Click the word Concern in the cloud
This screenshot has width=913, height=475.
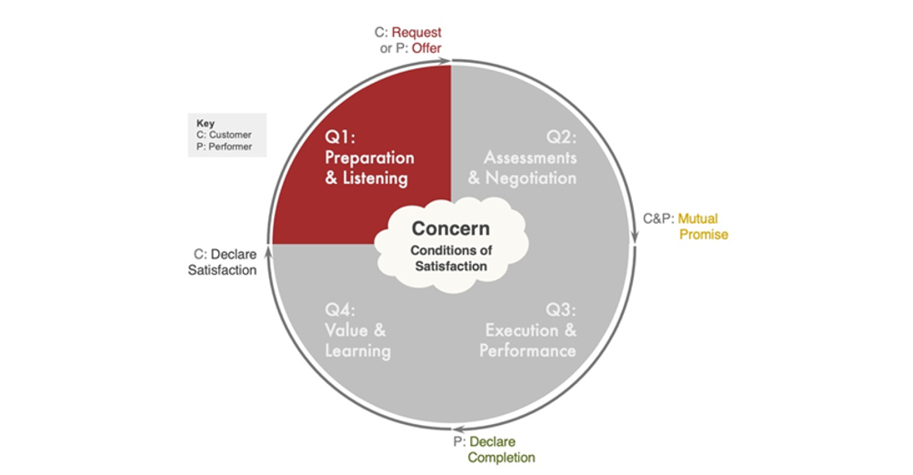[x=450, y=229]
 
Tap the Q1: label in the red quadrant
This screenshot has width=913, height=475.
[x=343, y=137]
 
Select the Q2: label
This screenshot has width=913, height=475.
[x=560, y=137]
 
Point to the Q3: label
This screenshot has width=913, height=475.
[x=560, y=310]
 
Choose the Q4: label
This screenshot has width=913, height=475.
[x=343, y=310]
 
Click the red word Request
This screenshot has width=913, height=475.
[x=417, y=32]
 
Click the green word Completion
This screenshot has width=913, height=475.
[x=501, y=458]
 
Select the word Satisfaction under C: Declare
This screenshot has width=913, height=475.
[x=222, y=269]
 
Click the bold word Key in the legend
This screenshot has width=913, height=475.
[x=206, y=123]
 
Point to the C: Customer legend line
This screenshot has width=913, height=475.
[x=224, y=134]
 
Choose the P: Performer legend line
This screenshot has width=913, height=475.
[x=224, y=146]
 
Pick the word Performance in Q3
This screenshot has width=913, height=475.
[x=527, y=350]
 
